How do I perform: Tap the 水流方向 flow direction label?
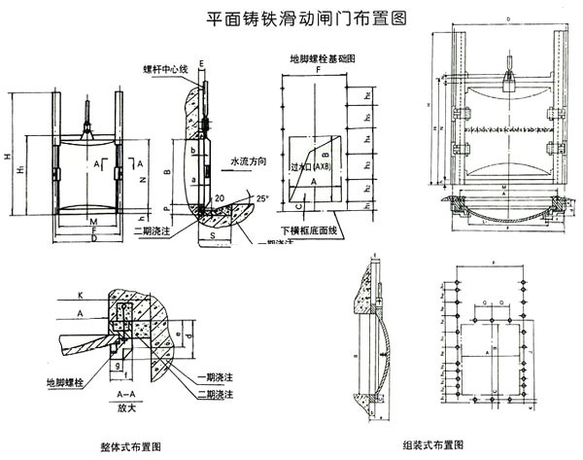tap(248, 162)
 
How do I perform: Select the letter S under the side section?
tap(211, 233)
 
